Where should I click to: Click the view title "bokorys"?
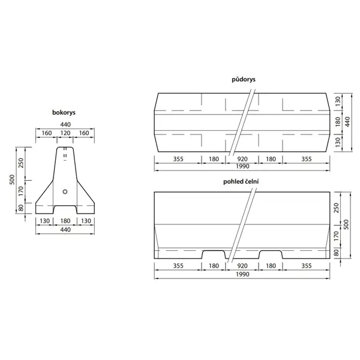[x=65, y=112]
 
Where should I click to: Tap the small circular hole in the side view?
[x=65, y=192]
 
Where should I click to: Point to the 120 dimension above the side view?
[x=65, y=133]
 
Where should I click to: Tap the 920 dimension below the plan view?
[x=244, y=159]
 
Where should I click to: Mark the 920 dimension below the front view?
[x=244, y=266]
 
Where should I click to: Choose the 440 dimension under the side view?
[x=65, y=229]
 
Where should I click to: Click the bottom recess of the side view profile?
[x=65, y=211]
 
